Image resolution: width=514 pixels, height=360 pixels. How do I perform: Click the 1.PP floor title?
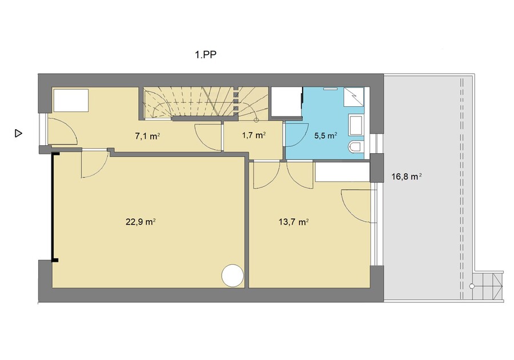click(x=206, y=55)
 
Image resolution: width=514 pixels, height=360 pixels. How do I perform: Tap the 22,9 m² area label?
click(x=140, y=222)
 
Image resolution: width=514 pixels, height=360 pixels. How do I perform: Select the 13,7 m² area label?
click(x=294, y=222)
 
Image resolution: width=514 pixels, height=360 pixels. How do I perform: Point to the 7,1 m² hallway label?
click(x=147, y=137)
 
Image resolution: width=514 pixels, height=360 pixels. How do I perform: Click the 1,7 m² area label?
click(x=254, y=135)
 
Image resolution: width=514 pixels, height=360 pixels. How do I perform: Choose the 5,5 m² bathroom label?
click(x=326, y=135)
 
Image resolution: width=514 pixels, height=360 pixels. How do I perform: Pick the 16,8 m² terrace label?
click(x=407, y=177)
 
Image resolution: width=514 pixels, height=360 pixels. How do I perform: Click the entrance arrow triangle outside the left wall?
click(x=18, y=134)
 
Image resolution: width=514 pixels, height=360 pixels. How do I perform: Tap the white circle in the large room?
click(x=232, y=276)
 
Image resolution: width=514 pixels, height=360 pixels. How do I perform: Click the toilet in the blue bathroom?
click(x=356, y=147)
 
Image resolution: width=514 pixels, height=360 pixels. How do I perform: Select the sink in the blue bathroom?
click(x=356, y=126)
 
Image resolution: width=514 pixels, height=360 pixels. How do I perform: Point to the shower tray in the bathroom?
click(x=354, y=97)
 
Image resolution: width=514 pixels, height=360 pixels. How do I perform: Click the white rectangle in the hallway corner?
click(x=71, y=100)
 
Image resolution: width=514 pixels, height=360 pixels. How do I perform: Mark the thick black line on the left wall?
click(x=53, y=207)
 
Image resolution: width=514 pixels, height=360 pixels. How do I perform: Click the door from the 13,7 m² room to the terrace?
click(x=359, y=206)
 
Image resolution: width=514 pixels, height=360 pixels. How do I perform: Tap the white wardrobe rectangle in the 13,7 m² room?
click(x=343, y=172)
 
